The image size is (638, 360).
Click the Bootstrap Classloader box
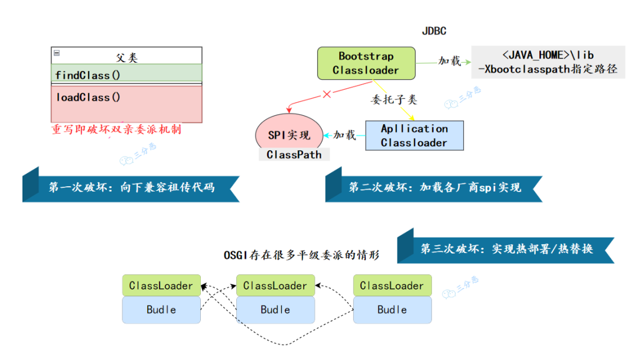click(366, 63)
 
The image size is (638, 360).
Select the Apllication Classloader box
click(414, 135)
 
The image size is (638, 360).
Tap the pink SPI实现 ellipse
click(289, 134)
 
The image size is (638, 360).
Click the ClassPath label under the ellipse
click(294, 155)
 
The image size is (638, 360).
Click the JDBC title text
click(434, 31)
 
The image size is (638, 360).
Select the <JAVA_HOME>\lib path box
click(548, 62)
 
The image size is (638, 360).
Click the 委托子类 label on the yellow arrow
click(393, 100)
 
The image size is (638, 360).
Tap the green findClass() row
click(126, 75)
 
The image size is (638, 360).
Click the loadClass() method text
click(89, 98)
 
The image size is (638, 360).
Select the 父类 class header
click(126, 57)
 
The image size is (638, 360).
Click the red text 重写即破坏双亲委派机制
click(116, 129)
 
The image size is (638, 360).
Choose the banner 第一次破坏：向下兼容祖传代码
click(131, 188)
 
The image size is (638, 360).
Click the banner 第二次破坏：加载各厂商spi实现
click(434, 188)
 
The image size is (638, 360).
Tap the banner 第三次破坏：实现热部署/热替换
click(506, 249)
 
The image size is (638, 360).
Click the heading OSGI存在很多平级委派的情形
click(301, 255)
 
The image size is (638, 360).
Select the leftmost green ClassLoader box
click(161, 286)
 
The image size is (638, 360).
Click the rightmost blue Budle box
click(392, 310)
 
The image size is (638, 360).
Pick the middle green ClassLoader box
click(275, 286)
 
